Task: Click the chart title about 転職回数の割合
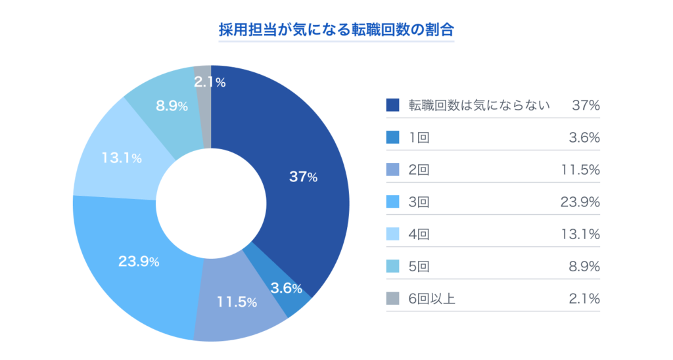coord(336,30)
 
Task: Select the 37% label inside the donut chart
coord(303,177)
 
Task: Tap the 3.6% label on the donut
coord(287,288)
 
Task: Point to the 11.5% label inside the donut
coord(237,303)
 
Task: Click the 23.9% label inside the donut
coord(139,261)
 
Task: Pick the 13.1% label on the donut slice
coord(122,158)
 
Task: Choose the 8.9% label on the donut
coord(172,106)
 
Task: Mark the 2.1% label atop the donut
coord(210,82)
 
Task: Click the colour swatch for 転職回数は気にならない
coord(393,105)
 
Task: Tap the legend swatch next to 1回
coord(393,137)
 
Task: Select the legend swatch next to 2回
coord(393,169)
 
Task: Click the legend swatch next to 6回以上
coord(393,298)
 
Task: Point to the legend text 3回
coord(419,202)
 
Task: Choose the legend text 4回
coord(419,234)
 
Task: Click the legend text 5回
coord(419,266)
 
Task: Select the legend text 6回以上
coord(432,298)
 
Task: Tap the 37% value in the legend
coord(585,105)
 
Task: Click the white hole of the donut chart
coord(210,202)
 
